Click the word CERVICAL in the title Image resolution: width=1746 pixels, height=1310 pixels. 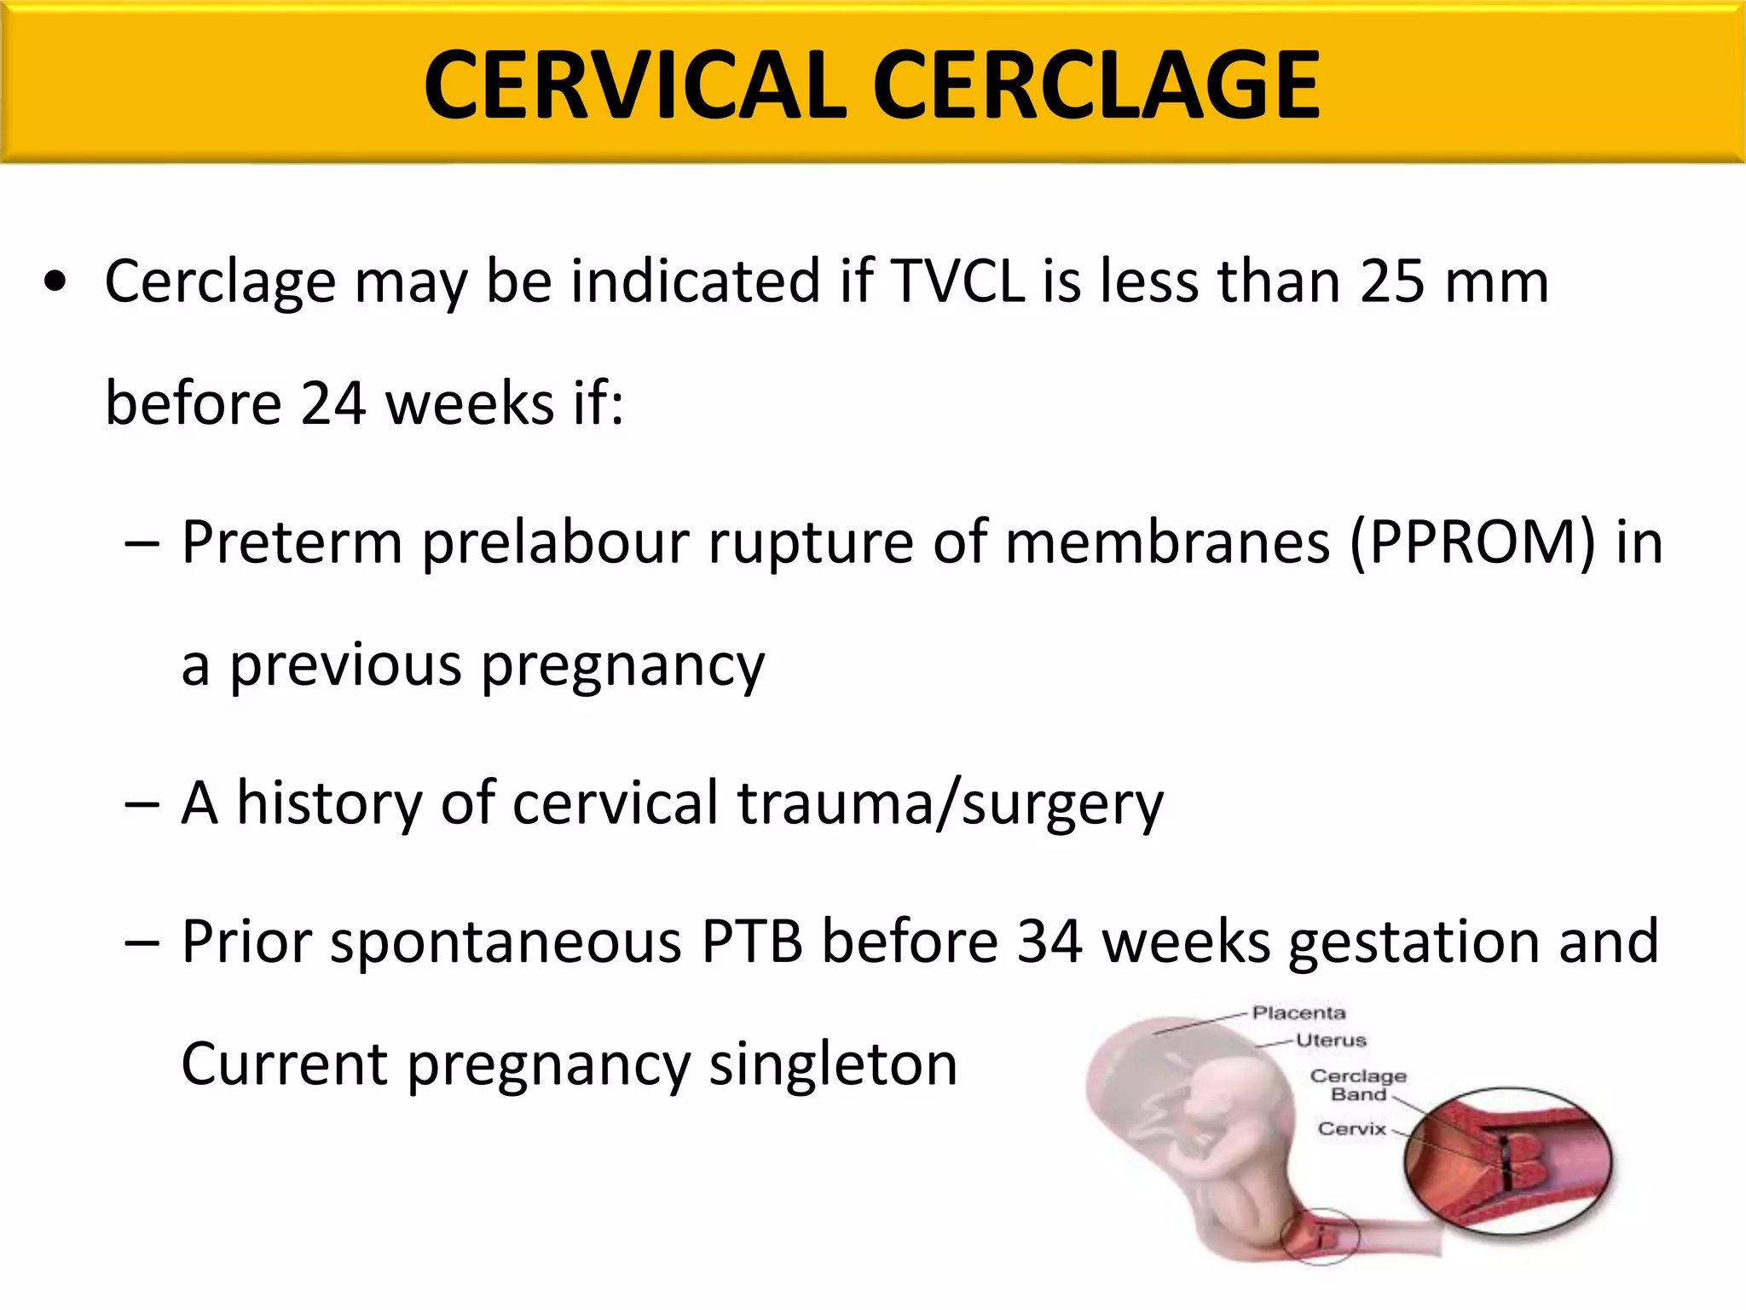tap(635, 85)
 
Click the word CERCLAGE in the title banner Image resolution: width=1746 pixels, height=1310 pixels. tap(1096, 85)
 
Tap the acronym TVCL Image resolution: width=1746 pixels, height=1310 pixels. tap(957, 281)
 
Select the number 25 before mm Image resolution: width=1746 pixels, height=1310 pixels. tap(1391, 281)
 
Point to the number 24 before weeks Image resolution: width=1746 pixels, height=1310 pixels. tap(333, 403)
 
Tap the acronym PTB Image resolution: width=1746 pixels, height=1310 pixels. tap(752, 942)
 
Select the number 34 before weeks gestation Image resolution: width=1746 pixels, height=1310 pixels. tap(1049, 942)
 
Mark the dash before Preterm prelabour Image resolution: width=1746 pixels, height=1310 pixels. tap(142, 544)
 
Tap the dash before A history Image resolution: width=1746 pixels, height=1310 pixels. tap(142, 804)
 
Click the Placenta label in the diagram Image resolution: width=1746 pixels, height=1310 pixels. tap(1298, 1013)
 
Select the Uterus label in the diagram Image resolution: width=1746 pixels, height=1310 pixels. tap(1330, 1040)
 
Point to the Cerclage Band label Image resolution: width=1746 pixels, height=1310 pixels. tap(1358, 1085)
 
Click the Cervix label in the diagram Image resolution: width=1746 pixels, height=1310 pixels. tap(1352, 1129)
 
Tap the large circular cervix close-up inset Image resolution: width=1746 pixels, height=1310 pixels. tap(1508, 1162)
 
